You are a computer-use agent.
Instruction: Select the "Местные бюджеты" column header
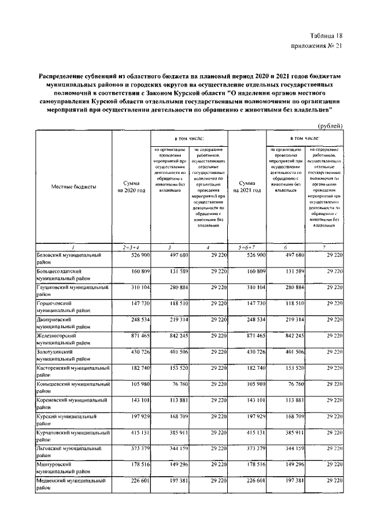[73, 187]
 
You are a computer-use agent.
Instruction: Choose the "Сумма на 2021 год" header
[247, 187]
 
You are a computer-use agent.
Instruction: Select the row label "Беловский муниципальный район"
[69, 258]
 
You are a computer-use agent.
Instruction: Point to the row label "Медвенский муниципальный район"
[69, 484]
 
